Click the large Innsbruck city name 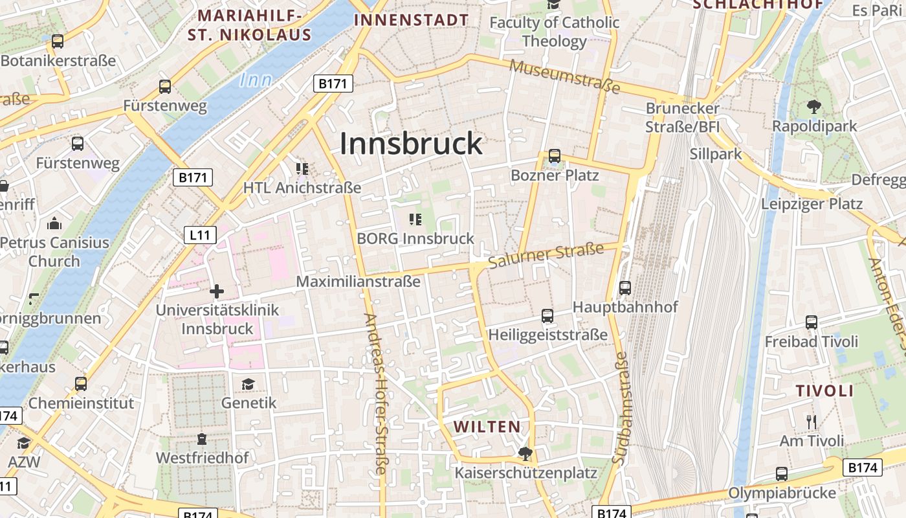411,144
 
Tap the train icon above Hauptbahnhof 625,287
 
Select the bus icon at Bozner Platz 555,156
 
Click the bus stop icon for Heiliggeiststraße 547,316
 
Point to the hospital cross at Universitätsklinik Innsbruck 217,291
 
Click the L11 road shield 200,235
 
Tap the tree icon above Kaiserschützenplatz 525,453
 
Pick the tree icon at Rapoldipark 814,107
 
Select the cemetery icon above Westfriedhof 202,439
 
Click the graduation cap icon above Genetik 249,384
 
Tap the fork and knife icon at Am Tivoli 812,422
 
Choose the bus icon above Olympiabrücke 782,474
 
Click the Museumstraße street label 565,76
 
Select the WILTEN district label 487,427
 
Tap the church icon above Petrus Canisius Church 54,224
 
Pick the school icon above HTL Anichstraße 302,169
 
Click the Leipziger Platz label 812,204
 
